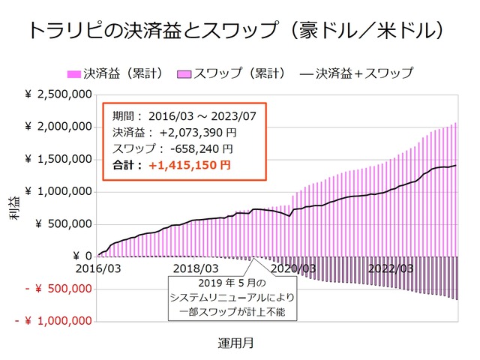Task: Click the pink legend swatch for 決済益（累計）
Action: [x=73, y=73]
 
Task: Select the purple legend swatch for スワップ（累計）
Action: [x=184, y=73]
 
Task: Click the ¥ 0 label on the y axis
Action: [x=78, y=256]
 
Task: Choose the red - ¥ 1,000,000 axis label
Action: [x=54, y=321]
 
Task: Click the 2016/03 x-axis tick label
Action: [x=99, y=268]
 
